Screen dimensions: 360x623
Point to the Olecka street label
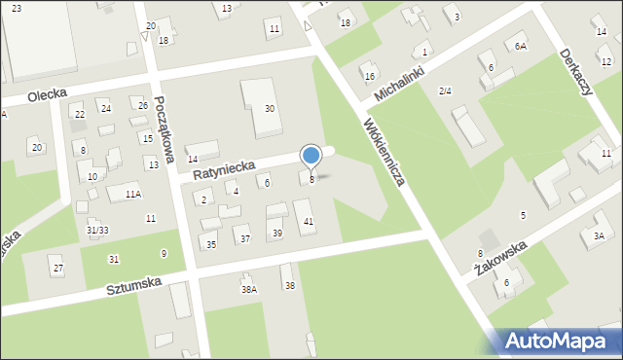click(25, 98)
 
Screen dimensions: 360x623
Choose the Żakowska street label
click(500, 262)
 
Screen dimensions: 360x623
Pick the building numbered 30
click(270, 108)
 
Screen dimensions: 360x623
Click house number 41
click(309, 223)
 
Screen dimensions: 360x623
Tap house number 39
click(277, 233)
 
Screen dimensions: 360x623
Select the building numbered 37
click(245, 238)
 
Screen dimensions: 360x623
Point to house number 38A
click(249, 289)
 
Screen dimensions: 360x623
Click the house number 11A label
click(132, 195)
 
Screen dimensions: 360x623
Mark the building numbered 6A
click(521, 46)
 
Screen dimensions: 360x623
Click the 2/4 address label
click(445, 90)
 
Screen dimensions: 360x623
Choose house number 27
click(58, 269)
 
